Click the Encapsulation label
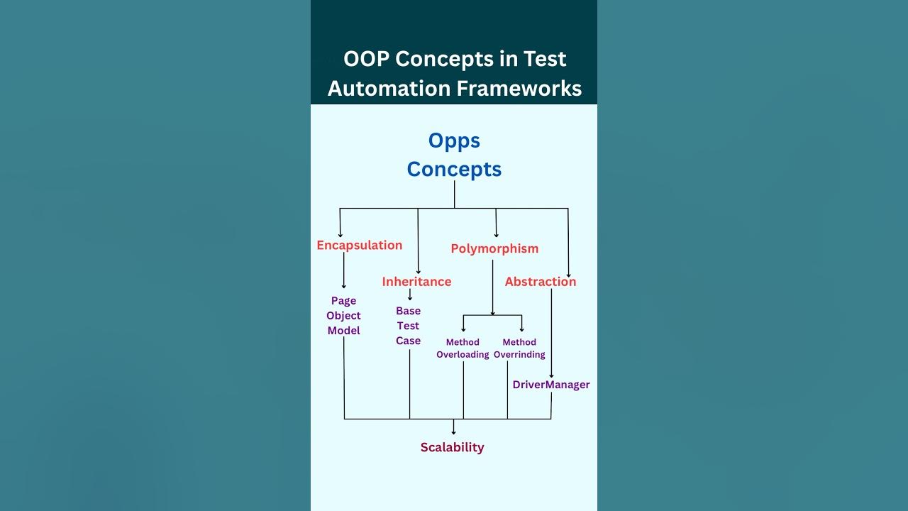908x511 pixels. [x=359, y=246]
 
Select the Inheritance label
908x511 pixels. [x=416, y=282]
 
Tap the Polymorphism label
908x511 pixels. [x=494, y=249]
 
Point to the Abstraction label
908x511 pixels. [x=541, y=282]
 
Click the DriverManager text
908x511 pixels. [x=551, y=385]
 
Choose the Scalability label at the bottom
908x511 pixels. [x=452, y=447]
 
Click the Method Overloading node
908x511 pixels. [x=463, y=348]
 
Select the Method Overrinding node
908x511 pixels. [x=519, y=348]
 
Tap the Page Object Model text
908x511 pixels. [x=344, y=316]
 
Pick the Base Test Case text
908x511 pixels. [x=409, y=326]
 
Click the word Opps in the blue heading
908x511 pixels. [x=454, y=141]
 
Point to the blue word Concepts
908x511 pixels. [x=454, y=170]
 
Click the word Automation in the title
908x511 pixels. [x=389, y=89]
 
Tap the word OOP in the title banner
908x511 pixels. [x=366, y=59]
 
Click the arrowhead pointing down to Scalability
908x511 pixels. [x=454, y=431]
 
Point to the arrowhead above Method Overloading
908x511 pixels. [x=463, y=329]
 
